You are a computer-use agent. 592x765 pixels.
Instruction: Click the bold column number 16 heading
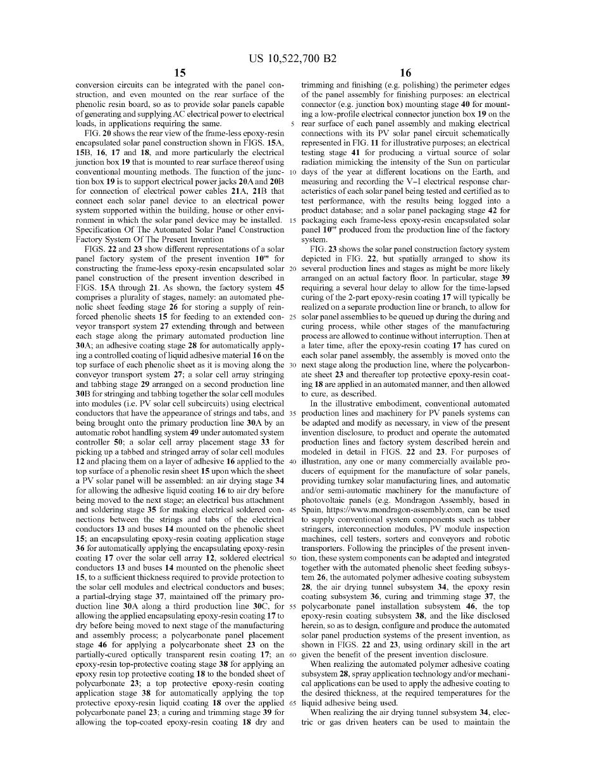405,73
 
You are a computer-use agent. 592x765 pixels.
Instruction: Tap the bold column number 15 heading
180,73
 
